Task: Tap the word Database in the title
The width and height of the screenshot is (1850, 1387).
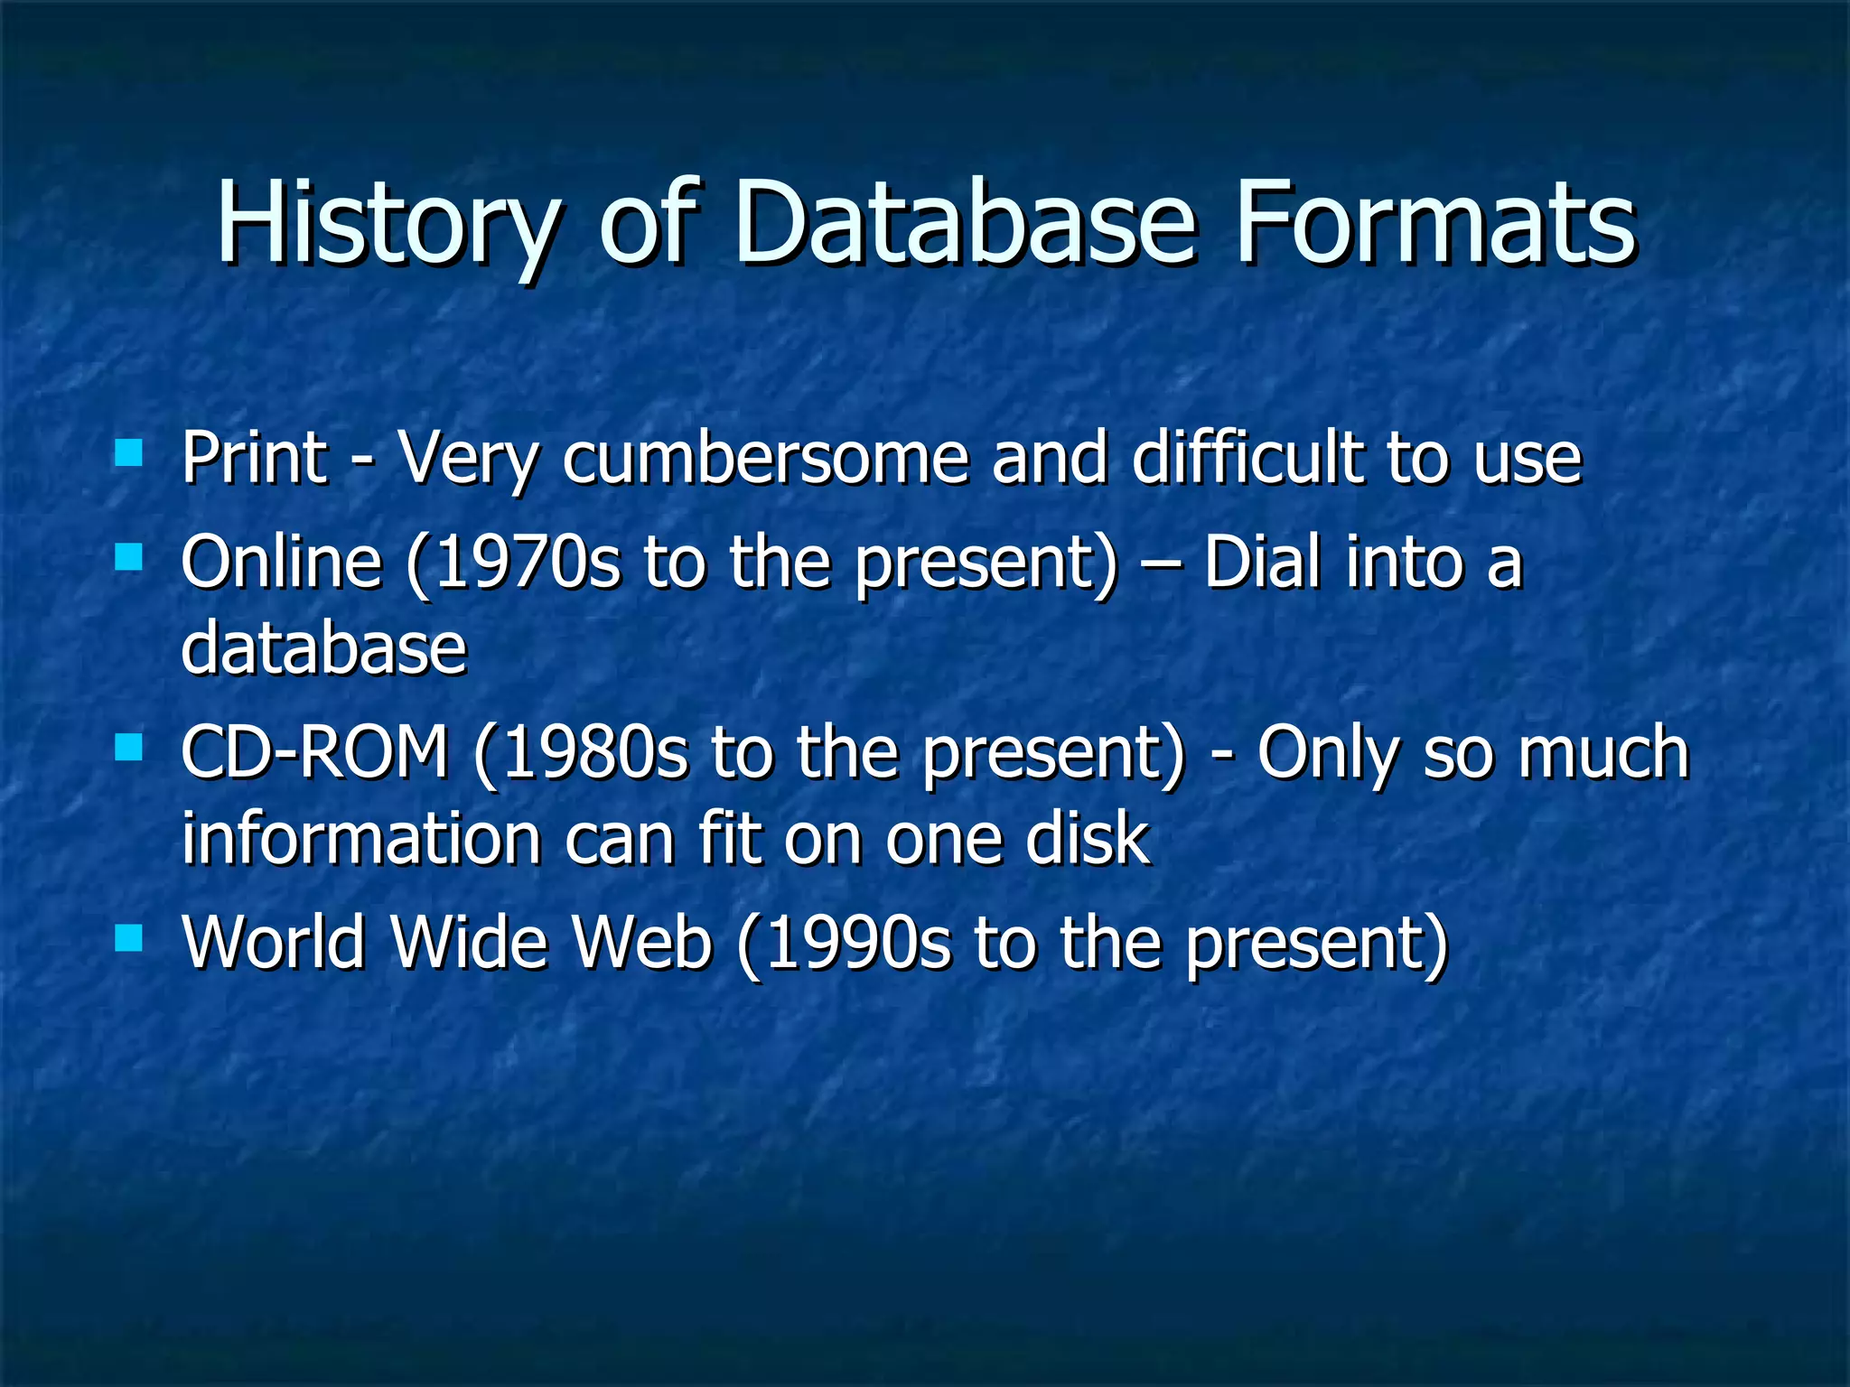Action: (x=967, y=223)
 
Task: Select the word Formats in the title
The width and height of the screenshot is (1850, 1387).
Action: (x=1435, y=223)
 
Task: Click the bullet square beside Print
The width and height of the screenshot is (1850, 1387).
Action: (x=129, y=452)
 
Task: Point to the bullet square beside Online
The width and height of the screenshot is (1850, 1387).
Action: (x=129, y=557)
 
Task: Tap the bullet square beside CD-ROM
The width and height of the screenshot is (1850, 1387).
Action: (x=129, y=747)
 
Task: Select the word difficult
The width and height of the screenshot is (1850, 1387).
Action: (x=1247, y=458)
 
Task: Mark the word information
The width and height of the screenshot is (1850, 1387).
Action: (x=361, y=839)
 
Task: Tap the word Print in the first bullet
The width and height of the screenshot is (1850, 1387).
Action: (x=254, y=458)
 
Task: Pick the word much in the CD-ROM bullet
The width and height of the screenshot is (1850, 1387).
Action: (x=1602, y=753)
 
